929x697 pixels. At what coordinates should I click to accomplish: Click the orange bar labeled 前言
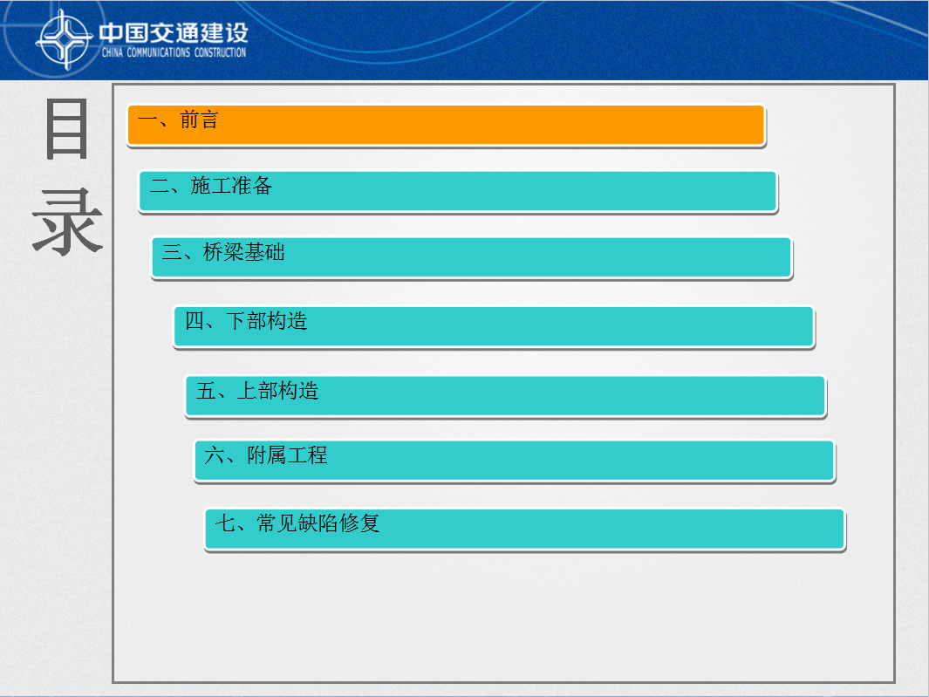click(446, 125)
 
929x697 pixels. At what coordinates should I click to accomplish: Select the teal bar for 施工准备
click(458, 191)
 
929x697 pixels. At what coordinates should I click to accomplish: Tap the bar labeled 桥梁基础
click(472, 258)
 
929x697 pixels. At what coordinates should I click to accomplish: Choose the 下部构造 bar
click(494, 326)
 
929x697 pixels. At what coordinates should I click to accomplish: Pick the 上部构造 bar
click(505, 396)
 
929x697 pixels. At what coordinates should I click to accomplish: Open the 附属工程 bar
click(515, 461)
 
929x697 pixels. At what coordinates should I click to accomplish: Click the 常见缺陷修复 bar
click(525, 530)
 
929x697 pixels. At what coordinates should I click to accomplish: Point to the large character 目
click(67, 129)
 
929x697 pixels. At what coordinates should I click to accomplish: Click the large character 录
click(67, 222)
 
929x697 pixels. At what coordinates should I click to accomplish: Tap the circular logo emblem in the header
click(64, 40)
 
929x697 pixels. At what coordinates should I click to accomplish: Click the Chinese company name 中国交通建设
click(174, 32)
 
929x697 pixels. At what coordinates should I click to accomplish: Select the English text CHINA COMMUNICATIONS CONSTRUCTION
click(174, 52)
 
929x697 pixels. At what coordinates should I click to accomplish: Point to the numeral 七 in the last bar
click(226, 523)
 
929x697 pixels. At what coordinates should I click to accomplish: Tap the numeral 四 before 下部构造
click(195, 321)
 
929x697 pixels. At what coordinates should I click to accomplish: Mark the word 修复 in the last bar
click(359, 523)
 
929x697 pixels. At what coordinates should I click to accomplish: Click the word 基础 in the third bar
click(264, 252)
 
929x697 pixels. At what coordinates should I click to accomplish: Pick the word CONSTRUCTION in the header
click(221, 52)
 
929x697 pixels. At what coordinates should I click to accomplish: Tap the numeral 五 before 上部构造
click(206, 391)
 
